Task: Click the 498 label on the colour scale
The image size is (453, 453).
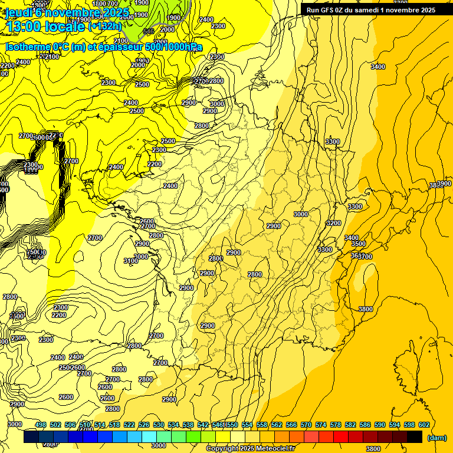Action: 41,425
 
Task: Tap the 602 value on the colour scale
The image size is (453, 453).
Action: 424,425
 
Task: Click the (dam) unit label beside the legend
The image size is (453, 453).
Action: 436,438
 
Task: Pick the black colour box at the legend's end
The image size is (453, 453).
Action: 415,436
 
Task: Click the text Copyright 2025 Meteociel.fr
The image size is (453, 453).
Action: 250,449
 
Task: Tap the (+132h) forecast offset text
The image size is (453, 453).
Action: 105,26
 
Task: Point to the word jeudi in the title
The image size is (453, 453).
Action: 18,12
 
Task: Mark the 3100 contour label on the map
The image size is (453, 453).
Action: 131,261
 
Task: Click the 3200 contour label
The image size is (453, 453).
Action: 334,223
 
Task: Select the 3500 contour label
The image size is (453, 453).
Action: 358,244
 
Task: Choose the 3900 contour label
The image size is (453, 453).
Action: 444,184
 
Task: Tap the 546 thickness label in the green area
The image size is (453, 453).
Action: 149,31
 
